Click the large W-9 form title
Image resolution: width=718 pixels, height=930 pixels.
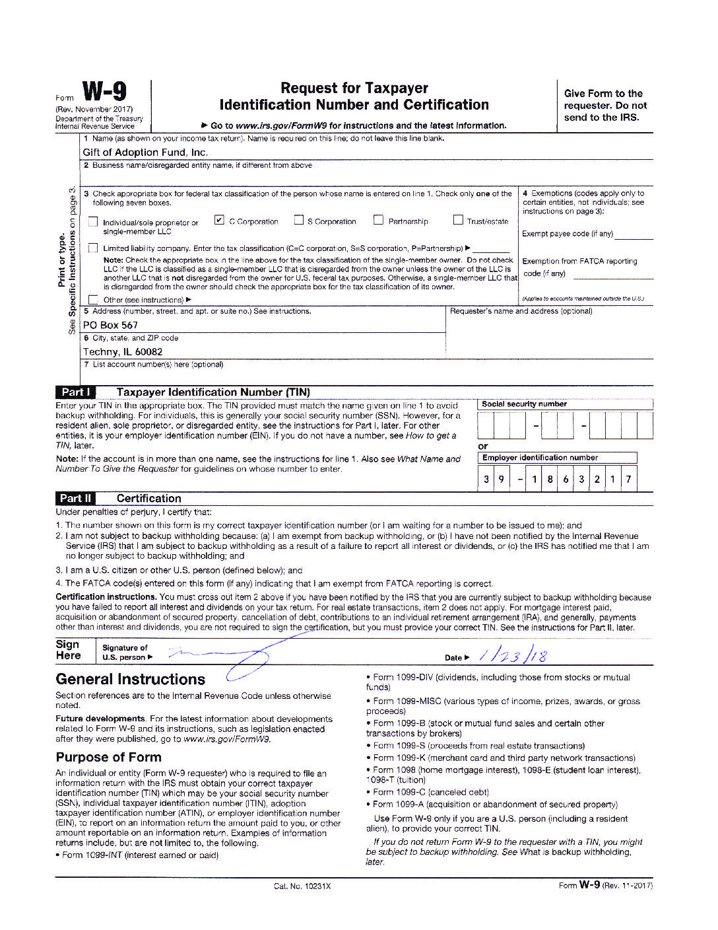(104, 92)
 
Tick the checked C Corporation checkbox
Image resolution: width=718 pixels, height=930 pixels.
(220, 220)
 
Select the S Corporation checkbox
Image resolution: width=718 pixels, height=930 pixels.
(299, 220)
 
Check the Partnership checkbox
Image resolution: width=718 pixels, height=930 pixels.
(378, 220)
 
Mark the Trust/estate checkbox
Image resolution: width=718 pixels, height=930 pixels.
(458, 220)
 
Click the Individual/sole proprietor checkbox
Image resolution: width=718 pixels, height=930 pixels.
(93, 222)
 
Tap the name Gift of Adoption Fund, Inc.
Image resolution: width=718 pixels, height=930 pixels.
(145, 153)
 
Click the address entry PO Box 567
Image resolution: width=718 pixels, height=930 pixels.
(110, 325)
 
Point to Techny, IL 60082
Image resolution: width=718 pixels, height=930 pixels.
(123, 352)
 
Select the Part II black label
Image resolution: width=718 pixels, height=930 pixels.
(76, 498)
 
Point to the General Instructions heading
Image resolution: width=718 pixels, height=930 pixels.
(131, 679)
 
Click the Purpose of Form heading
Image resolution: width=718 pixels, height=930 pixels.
(108, 757)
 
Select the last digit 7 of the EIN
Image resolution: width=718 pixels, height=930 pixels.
(628, 480)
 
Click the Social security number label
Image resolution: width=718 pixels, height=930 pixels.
(524, 404)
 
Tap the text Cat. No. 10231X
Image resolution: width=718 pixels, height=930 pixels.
(302, 886)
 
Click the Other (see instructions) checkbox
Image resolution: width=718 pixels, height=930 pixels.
(93, 299)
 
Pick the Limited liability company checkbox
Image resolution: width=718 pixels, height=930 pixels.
(93, 248)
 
